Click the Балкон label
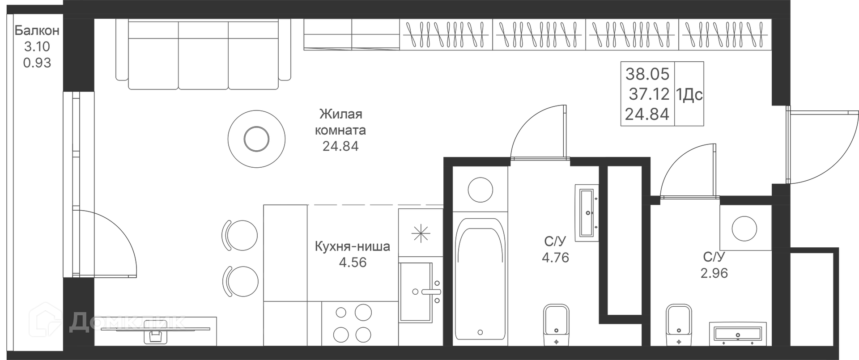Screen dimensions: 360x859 click(x=37, y=30)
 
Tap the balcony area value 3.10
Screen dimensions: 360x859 click(x=37, y=47)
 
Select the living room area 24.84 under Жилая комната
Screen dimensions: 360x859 click(x=340, y=146)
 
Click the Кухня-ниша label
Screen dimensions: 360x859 click(x=353, y=246)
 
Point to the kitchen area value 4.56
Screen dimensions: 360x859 click(x=353, y=263)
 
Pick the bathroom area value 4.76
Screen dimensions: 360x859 click(x=555, y=258)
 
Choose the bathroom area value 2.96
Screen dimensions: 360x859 click(x=714, y=273)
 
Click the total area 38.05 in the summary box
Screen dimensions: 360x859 click(x=647, y=74)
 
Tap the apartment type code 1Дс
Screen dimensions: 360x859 click(x=689, y=95)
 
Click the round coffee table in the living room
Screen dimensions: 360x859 click(x=256, y=139)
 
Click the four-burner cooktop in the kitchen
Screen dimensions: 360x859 click(x=353, y=323)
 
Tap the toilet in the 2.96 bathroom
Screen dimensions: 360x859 click(x=679, y=326)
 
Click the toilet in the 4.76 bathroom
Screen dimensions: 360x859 click(x=556, y=326)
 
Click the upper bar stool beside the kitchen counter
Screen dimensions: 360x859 click(x=240, y=236)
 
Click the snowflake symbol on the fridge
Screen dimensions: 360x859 click(x=421, y=233)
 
